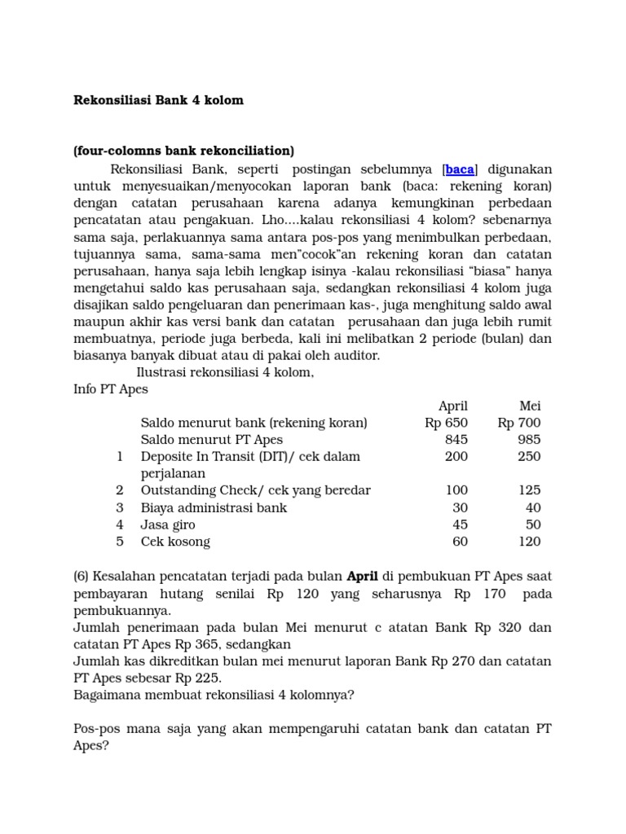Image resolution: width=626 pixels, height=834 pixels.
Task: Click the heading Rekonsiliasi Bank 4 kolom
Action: (x=159, y=100)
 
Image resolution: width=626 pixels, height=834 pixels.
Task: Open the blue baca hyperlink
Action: (x=460, y=169)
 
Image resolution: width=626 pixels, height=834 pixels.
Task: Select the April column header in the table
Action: (x=452, y=406)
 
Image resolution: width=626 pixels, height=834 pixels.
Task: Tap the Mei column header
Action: (x=530, y=406)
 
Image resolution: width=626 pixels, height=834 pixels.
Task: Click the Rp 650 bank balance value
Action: (x=446, y=423)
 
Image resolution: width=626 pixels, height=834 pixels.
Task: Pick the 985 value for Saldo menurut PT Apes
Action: (x=529, y=440)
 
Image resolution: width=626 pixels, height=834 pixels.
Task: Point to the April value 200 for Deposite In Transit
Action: (x=456, y=456)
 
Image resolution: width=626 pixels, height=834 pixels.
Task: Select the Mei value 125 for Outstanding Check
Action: (x=529, y=490)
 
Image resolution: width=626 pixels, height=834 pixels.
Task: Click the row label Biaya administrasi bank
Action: (x=214, y=507)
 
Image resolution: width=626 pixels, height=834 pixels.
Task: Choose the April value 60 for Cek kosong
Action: (x=460, y=542)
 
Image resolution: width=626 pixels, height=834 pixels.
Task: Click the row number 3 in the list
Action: (x=120, y=507)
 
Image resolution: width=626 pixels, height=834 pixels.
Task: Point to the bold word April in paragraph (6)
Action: (x=364, y=577)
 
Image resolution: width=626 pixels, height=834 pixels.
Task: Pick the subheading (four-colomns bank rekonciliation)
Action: (x=183, y=151)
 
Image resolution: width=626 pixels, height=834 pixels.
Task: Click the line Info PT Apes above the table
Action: (x=111, y=389)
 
